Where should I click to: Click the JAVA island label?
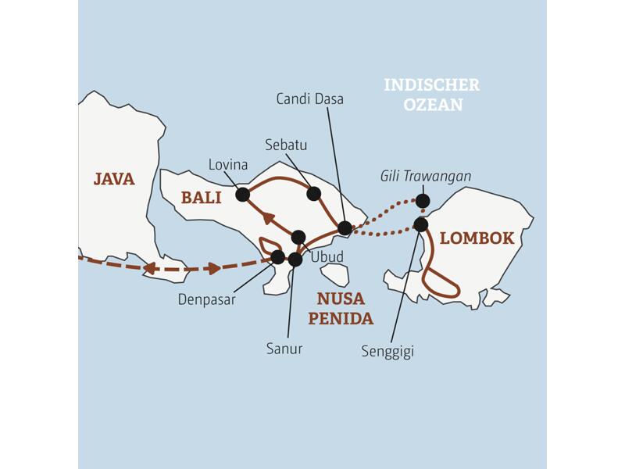coord(114,179)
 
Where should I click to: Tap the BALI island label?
coord(201,198)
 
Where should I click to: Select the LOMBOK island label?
coord(477,238)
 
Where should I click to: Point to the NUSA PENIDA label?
coord(340,308)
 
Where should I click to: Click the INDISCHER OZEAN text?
coord(432,95)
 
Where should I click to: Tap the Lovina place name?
coord(228,165)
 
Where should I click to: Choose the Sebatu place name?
coord(285,145)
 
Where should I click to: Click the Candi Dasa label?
coord(310,99)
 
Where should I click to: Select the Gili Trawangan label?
coord(426,177)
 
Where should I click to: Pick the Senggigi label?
coord(387,351)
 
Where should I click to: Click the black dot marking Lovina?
coord(242,194)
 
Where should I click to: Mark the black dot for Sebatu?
coord(313,193)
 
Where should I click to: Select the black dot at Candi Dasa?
coord(345,228)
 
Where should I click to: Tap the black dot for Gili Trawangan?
coord(423,201)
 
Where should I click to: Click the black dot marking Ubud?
coord(298,237)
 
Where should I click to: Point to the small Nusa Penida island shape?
coord(335,274)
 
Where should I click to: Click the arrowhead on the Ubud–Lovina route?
coord(269,217)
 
